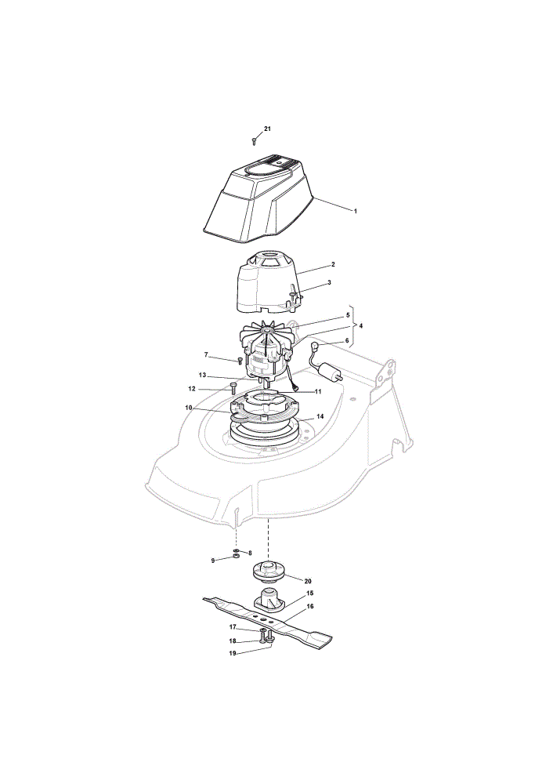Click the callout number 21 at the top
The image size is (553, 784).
click(267, 129)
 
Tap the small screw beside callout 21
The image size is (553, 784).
click(255, 141)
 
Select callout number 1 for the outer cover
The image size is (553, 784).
click(355, 211)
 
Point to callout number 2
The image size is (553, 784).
click(333, 264)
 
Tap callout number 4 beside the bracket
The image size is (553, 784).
click(360, 325)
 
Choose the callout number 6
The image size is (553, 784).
click(348, 340)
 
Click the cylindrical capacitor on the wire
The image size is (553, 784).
click(325, 373)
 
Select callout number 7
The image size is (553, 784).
click(206, 354)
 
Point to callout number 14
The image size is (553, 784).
click(320, 416)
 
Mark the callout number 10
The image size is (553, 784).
click(188, 408)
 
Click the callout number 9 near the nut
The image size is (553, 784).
click(213, 561)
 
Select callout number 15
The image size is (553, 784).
click(309, 593)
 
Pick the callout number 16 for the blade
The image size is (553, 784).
click(310, 606)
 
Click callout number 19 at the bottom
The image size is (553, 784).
click(233, 652)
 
